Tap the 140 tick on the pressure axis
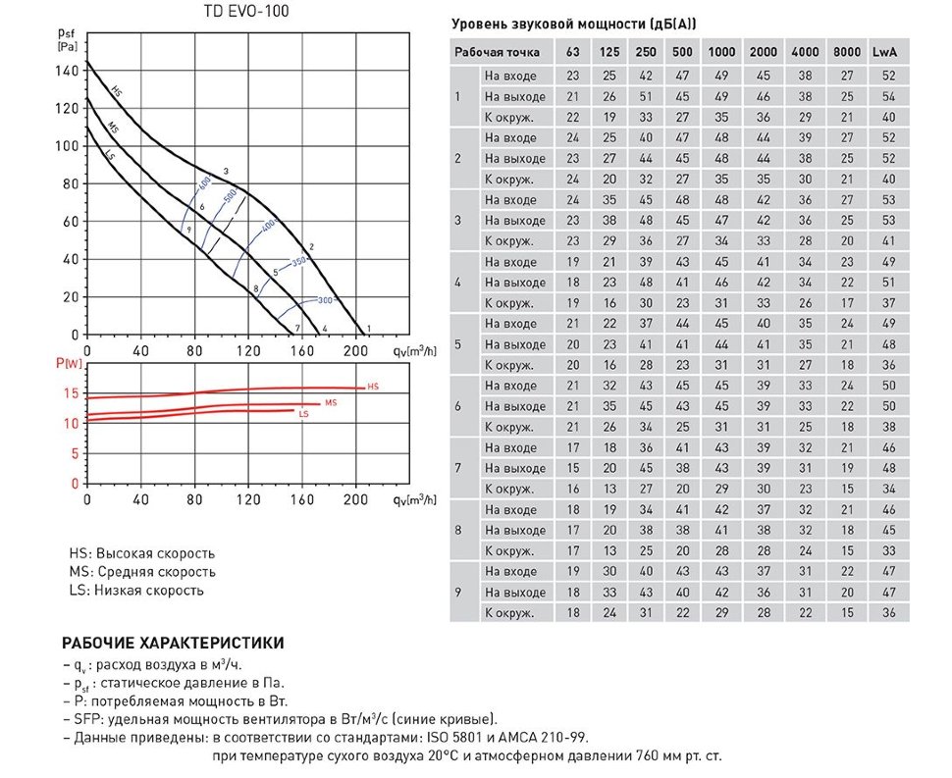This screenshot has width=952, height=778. point(68,72)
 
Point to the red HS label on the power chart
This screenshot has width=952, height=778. point(372,388)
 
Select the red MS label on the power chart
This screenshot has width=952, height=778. point(331,403)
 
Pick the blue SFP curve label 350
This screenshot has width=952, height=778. point(299,261)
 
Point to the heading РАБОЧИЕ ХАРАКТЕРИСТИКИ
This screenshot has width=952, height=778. point(174,644)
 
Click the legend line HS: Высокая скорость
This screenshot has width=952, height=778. point(142,554)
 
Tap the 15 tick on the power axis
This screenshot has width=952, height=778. point(69,393)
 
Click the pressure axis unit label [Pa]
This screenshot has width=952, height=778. point(68,46)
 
